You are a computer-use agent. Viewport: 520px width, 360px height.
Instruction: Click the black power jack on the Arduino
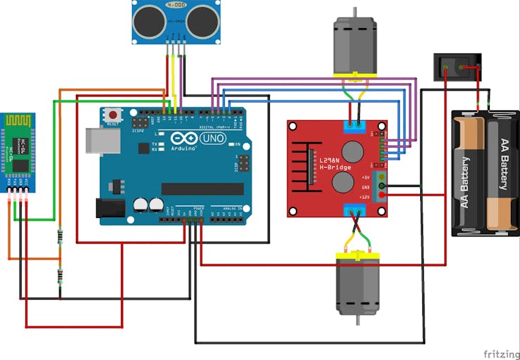[x=110, y=207]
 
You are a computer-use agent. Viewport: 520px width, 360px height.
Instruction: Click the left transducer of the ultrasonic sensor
[x=148, y=21]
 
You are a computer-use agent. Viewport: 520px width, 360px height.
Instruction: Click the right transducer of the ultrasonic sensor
[x=201, y=21]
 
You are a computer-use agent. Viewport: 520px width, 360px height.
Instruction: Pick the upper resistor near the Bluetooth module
[x=60, y=236]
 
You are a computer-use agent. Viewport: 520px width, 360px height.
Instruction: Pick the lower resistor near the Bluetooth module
[x=60, y=277]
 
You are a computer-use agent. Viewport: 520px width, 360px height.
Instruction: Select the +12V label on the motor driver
[x=365, y=197]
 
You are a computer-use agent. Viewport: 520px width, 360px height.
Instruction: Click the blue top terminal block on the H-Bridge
[x=354, y=127]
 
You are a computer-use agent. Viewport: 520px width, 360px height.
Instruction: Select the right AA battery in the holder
[x=502, y=172]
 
